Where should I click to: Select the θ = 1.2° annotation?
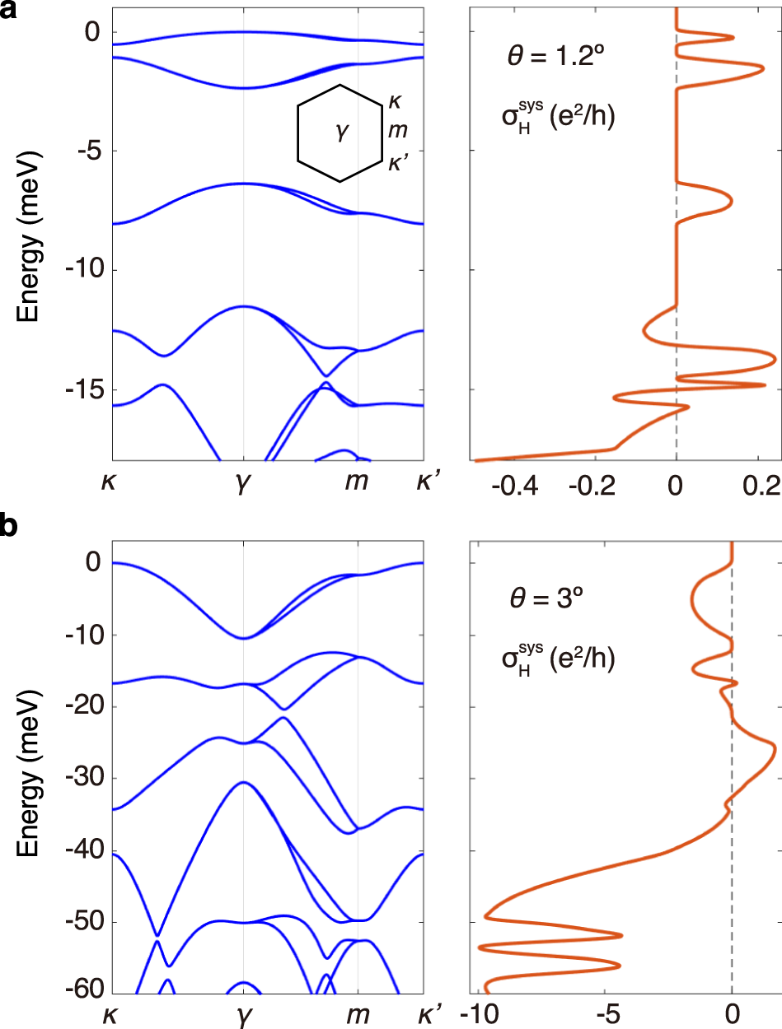(550, 59)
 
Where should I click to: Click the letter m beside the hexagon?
(397, 130)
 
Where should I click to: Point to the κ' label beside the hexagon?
(400, 162)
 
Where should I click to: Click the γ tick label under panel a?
(243, 486)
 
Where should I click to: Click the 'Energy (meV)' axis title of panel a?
(30, 230)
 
